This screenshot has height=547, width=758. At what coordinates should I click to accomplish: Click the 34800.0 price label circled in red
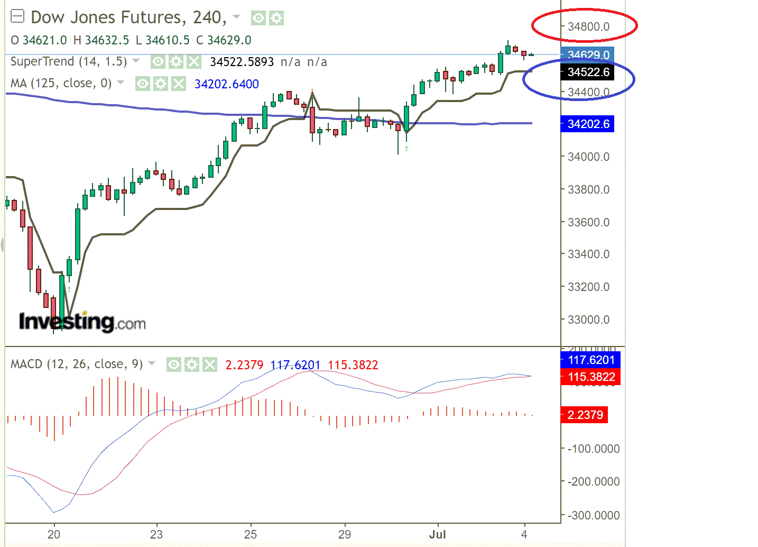tap(588, 26)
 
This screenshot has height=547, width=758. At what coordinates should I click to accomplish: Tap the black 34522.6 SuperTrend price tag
tap(587, 72)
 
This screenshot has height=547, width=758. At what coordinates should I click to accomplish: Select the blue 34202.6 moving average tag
tap(587, 124)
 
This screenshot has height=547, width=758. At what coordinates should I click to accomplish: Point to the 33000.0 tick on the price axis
tap(588, 320)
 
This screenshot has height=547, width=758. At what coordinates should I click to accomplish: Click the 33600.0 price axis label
tap(588, 222)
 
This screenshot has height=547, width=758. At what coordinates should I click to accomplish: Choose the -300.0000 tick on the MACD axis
tap(593, 515)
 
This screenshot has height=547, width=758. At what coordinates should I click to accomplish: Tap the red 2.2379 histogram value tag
tap(584, 415)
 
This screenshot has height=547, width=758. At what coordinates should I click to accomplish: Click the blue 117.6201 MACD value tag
tap(590, 360)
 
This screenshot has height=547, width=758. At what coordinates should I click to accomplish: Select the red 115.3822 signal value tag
tap(590, 377)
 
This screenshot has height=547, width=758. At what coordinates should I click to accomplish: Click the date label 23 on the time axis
tap(156, 534)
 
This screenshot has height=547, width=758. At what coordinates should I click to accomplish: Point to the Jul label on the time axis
tap(437, 534)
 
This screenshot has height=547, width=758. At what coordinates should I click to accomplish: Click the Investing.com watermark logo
tap(82, 322)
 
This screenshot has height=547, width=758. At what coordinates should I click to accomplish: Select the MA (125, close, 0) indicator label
tap(61, 84)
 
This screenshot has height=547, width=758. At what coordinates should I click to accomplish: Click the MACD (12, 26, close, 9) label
tap(77, 364)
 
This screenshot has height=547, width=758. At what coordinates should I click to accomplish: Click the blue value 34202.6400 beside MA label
tap(226, 84)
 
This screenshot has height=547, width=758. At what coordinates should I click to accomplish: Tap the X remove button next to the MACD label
tap(210, 364)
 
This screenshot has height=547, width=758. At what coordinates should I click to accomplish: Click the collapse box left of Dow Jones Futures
tap(17, 17)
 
